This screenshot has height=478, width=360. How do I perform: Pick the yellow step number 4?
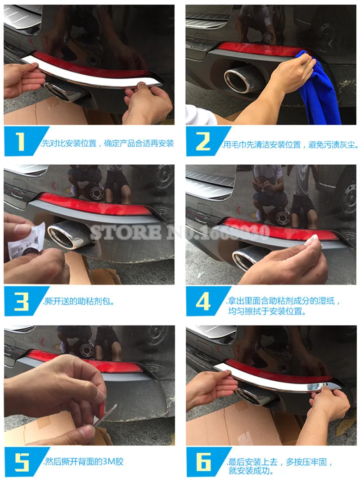[203, 302]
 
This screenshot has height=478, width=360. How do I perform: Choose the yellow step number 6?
[203, 462]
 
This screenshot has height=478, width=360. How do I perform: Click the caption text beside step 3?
[79, 302]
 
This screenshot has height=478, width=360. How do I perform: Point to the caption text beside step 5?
[83, 461]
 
